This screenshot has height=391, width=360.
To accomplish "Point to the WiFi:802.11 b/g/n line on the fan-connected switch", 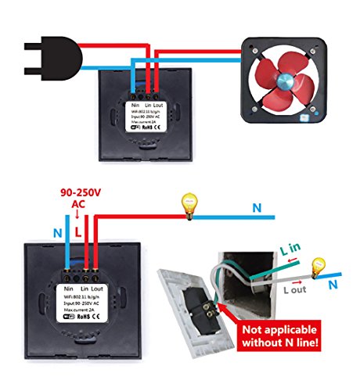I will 147,113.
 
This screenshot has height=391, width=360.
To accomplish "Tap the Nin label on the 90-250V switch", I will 67,289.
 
